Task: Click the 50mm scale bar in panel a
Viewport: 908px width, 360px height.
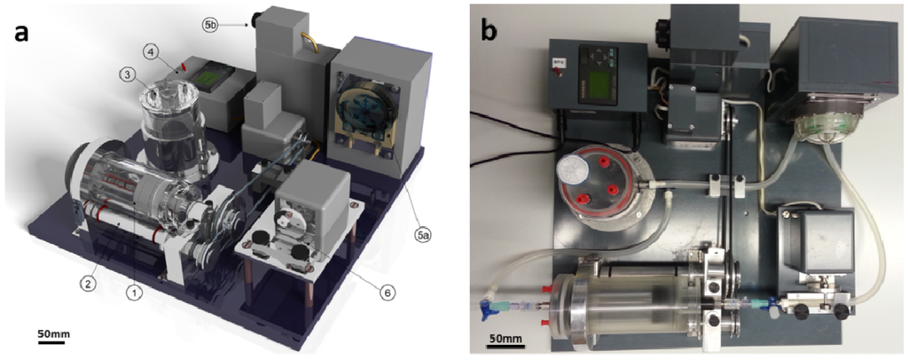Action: coord(51,341)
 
